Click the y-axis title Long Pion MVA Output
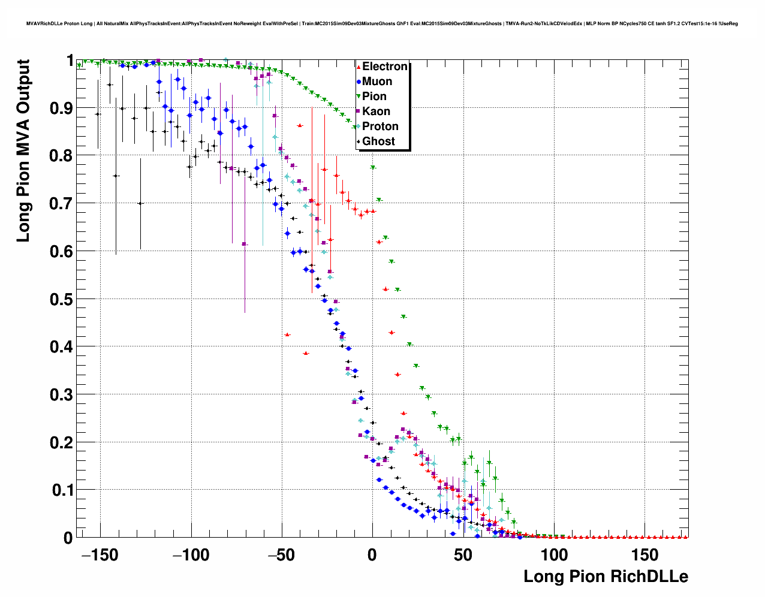pyautogui.click(x=23, y=150)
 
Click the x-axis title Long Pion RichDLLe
pyautogui.click(x=606, y=577)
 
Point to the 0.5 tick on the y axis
pyautogui.click(x=62, y=299)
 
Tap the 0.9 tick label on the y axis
pyautogui.click(x=62, y=108)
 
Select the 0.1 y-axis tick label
pyautogui.click(x=62, y=490)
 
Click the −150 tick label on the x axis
pyautogui.click(x=100, y=555)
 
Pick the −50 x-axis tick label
pyautogui.click(x=282, y=555)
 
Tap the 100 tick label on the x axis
pyautogui.click(x=554, y=555)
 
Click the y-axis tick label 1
pyautogui.click(x=70, y=61)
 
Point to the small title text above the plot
pyautogui.click(x=382, y=23)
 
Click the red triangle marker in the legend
pyautogui.click(x=359, y=67)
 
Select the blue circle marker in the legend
pyautogui.click(x=359, y=82)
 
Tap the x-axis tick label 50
pyautogui.click(x=463, y=555)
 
